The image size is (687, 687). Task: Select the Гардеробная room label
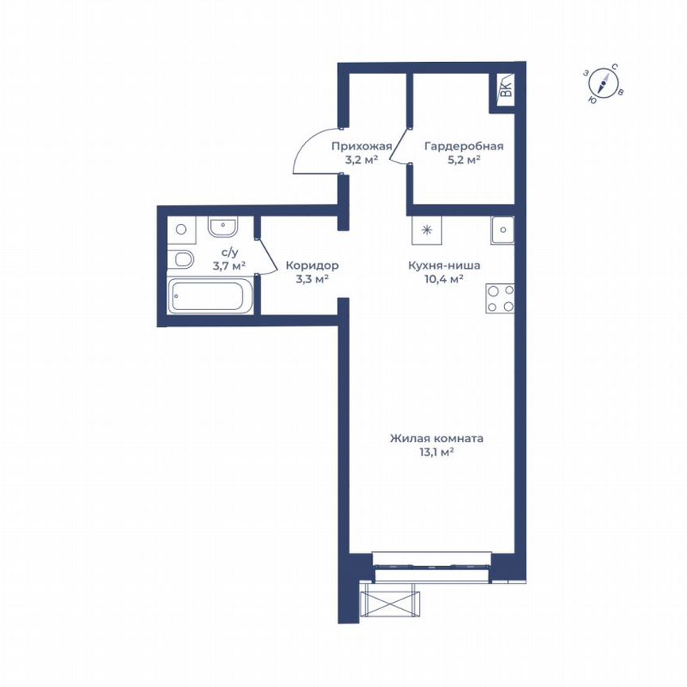(x=464, y=146)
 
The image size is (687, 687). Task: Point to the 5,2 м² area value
(x=464, y=160)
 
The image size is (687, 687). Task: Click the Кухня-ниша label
(x=444, y=266)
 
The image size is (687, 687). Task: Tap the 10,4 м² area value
(x=444, y=279)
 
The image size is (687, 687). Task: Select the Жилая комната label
(x=437, y=438)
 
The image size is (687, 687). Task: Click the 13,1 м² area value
(x=437, y=452)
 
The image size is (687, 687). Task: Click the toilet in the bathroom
(x=181, y=259)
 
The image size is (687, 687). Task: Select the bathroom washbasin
(x=223, y=227)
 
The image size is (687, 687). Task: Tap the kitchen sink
(x=503, y=231)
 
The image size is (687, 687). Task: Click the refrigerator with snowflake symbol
(x=427, y=231)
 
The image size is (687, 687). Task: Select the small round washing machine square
(x=181, y=229)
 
